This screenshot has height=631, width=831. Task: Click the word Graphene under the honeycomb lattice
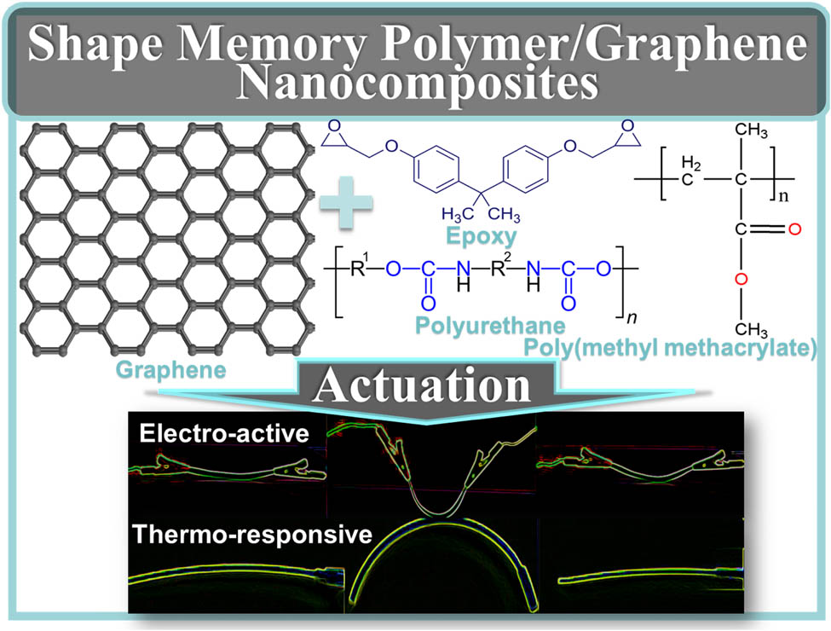170,370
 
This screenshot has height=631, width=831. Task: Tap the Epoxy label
482,236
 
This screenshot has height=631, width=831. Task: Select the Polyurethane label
490,325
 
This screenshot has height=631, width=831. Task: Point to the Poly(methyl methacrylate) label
670,348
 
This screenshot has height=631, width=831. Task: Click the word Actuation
422,385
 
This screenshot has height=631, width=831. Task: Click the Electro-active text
224,434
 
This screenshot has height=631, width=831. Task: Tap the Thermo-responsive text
252,534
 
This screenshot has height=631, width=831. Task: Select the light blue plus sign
347,203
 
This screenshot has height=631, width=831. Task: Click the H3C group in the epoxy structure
458,214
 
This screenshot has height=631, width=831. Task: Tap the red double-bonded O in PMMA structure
793,229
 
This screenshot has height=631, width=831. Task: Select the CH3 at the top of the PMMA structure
752,130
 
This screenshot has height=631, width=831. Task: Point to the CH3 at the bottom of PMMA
752,329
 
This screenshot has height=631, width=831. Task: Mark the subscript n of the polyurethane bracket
632,317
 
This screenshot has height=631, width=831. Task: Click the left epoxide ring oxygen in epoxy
334,125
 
